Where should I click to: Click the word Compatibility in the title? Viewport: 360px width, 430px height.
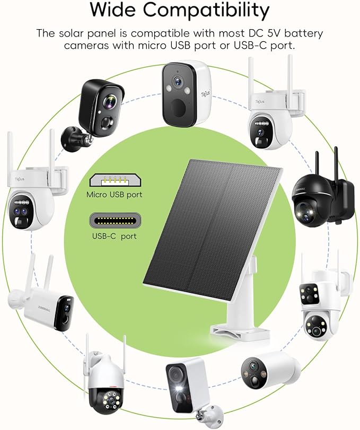click(x=206, y=11)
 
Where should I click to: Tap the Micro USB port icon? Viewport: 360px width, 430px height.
click(x=115, y=180)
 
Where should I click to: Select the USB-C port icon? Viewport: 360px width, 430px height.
click(x=115, y=220)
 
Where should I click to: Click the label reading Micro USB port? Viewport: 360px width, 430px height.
click(x=115, y=195)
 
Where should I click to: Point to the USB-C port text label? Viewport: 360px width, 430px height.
click(x=115, y=236)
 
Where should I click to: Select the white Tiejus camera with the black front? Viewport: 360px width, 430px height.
click(x=187, y=94)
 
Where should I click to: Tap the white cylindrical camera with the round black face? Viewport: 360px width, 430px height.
click(x=270, y=370)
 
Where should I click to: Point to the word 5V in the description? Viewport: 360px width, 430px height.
click(x=275, y=33)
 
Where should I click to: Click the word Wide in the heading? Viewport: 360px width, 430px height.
click(x=113, y=11)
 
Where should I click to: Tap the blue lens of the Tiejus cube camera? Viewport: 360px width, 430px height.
click(x=178, y=81)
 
